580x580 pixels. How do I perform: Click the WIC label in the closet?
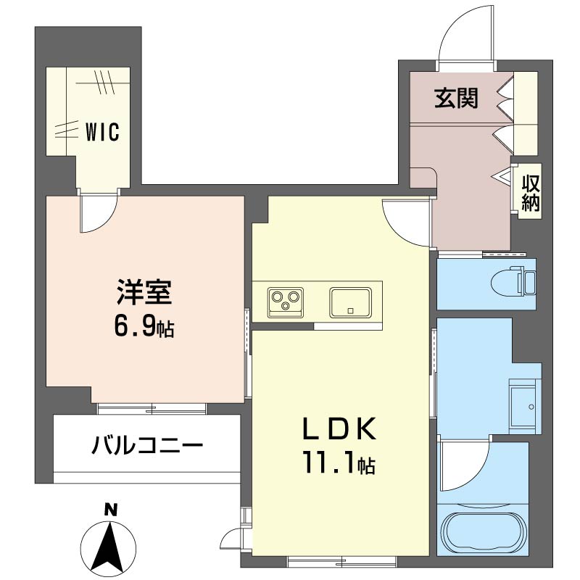coord(102,133)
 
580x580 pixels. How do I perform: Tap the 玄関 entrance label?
coord(456,99)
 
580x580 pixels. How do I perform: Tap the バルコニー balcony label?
coord(146,444)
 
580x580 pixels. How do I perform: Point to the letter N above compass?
coord(109,510)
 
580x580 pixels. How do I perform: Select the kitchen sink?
coord(350,302)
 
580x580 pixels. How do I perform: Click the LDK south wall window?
coord(341,560)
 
